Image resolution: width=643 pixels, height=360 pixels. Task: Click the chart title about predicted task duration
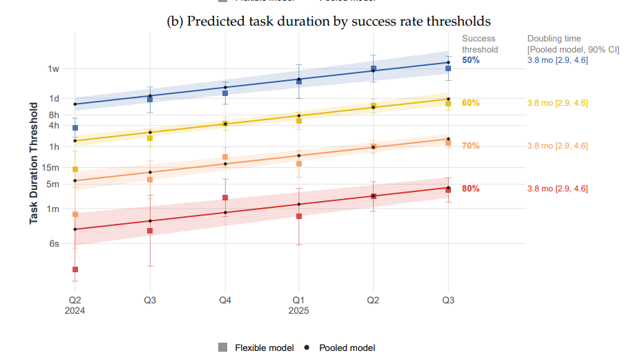(329, 21)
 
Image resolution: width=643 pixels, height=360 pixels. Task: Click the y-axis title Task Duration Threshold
(33, 163)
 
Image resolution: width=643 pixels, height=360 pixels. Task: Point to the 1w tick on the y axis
(53, 68)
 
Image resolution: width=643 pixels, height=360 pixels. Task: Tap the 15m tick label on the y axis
(50, 167)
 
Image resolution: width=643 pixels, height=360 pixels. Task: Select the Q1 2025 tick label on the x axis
(298, 305)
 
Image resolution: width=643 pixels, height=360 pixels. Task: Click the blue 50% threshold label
(471, 60)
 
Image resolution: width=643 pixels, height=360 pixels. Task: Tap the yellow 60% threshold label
(471, 103)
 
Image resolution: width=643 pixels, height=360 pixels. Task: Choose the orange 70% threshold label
(471, 146)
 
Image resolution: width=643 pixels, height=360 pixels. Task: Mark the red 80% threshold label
(471, 189)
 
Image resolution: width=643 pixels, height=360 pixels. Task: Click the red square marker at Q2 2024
(75, 269)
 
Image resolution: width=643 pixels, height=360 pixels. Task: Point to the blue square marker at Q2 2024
(75, 128)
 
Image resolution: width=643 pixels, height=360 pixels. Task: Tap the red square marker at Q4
(224, 198)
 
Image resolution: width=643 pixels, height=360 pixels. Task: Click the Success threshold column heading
(479, 44)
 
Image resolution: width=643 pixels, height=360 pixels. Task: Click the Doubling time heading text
(555, 39)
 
